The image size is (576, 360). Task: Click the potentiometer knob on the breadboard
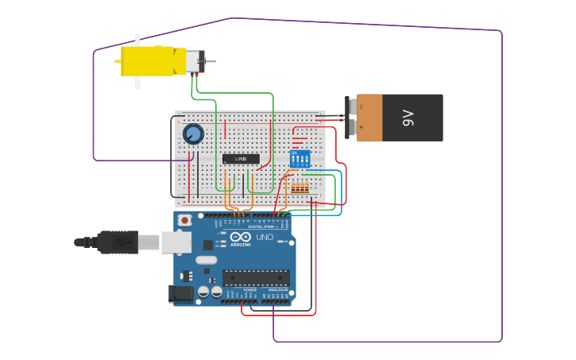[x=193, y=134]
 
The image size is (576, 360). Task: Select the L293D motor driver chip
[x=241, y=159]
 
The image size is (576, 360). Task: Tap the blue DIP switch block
[x=300, y=158]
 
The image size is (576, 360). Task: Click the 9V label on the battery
[x=408, y=118]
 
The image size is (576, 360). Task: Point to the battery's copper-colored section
[x=369, y=118]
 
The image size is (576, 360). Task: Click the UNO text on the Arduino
[x=264, y=237]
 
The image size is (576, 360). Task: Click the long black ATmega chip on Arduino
[x=256, y=277]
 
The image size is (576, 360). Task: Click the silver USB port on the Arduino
[x=176, y=242]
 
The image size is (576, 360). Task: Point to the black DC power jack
[x=181, y=293]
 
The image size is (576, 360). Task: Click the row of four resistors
[x=300, y=188]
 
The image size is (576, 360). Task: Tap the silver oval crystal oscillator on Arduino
[x=206, y=260]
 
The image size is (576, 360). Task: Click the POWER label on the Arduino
[x=249, y=290]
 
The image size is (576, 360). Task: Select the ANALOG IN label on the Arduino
[x=276, y=290]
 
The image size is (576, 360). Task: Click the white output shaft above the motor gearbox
[x=137, y=40]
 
